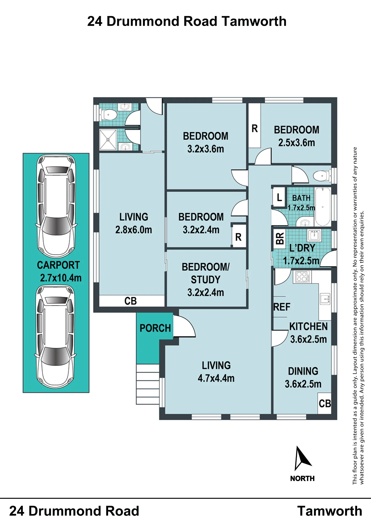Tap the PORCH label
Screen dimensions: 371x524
point(155,328)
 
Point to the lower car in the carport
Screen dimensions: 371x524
point(55,337)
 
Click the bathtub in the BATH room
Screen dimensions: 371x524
point(322,206)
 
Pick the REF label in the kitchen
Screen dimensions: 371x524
point(282,307)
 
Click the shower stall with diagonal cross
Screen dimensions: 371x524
point(108,140)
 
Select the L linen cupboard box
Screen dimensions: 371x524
point(279,197)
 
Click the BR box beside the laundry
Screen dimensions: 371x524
point(280,238)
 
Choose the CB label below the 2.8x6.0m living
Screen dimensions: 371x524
point(130,301)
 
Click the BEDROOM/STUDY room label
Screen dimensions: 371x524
point(206,273)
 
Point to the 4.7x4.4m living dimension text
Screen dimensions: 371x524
point(216,378)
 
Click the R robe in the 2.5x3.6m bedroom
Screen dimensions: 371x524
point(255,129)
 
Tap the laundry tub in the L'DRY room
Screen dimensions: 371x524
point(314,235)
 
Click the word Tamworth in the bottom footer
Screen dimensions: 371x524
point(330,511)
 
